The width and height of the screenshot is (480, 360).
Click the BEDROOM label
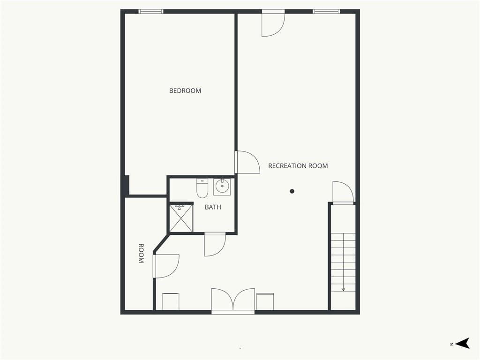click(x=185, y=90)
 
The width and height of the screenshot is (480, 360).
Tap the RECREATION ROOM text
click(x=298, y=166)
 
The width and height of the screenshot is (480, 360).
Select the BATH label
click(x=213, y=207)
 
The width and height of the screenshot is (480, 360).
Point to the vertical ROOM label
click(x=141, y=254)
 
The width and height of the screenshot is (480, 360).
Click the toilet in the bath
click(x=202, y=188)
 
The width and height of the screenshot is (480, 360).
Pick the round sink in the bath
click(x=222, y=187)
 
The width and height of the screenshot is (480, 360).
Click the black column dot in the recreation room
click(x=292, y=191)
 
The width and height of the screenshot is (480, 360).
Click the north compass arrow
click(x=462, y=343)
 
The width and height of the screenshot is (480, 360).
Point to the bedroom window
click(x=151, y=12)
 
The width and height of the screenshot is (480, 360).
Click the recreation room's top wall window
click(x=326, y=12)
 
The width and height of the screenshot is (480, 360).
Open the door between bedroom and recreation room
click(x=247, y=162)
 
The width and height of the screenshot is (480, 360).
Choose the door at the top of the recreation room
click(x=273, y=23)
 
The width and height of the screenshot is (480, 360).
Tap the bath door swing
click(x=215, y=245)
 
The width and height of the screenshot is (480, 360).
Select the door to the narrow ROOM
click(x=166, y=266)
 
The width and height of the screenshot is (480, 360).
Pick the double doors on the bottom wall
click(x=233, y=300)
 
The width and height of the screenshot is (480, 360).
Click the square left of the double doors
click(x=171, y=301)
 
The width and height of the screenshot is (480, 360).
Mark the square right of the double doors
click(x=265, y=301)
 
